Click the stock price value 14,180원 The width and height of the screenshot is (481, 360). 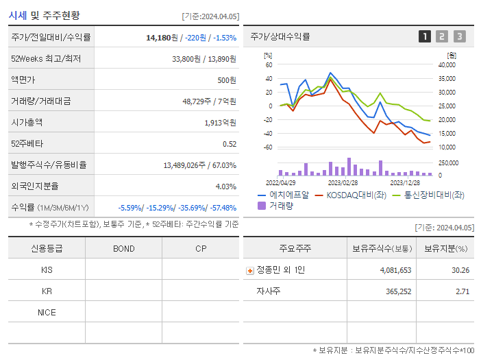coord(162,37)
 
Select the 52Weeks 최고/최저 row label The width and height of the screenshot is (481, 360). coord(46,59)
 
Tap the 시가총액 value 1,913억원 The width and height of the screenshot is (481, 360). coord(219,123)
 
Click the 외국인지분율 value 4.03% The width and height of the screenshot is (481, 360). coord(225,186)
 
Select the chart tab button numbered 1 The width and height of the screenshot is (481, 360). coord(425,36)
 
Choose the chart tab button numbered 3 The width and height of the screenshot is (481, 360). coord(459,36)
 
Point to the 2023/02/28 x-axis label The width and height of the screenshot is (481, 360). coord(343,182)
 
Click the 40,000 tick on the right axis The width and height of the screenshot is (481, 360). coord(446,64)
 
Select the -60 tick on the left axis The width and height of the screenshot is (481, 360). coord(268,147)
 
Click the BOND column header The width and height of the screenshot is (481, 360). coord(123,248)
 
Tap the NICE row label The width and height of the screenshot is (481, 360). coord(47,312)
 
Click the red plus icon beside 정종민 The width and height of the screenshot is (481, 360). coord(249,270)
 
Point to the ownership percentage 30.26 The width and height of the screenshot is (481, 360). coord(460,270)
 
